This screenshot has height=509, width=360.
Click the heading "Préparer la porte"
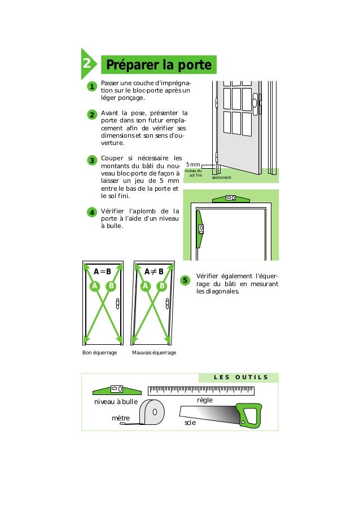(x=158, y=65)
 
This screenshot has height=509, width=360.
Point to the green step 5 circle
(x=185, y=280)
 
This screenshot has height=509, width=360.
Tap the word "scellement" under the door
(x=222, y=177)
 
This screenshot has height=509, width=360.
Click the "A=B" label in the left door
(x=103, y=271)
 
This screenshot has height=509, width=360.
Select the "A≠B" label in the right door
(x=153, y=271)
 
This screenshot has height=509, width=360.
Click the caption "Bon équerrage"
(x=99, y=352)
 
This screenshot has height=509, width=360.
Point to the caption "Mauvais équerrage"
(x=153, y=352)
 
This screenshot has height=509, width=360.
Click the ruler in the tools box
(x=200, y=390)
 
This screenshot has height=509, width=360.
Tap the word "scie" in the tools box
(x=190, y=422)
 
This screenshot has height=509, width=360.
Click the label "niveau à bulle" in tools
(x=116, y=402)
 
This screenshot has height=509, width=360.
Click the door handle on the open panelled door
(x=254, y=102)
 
